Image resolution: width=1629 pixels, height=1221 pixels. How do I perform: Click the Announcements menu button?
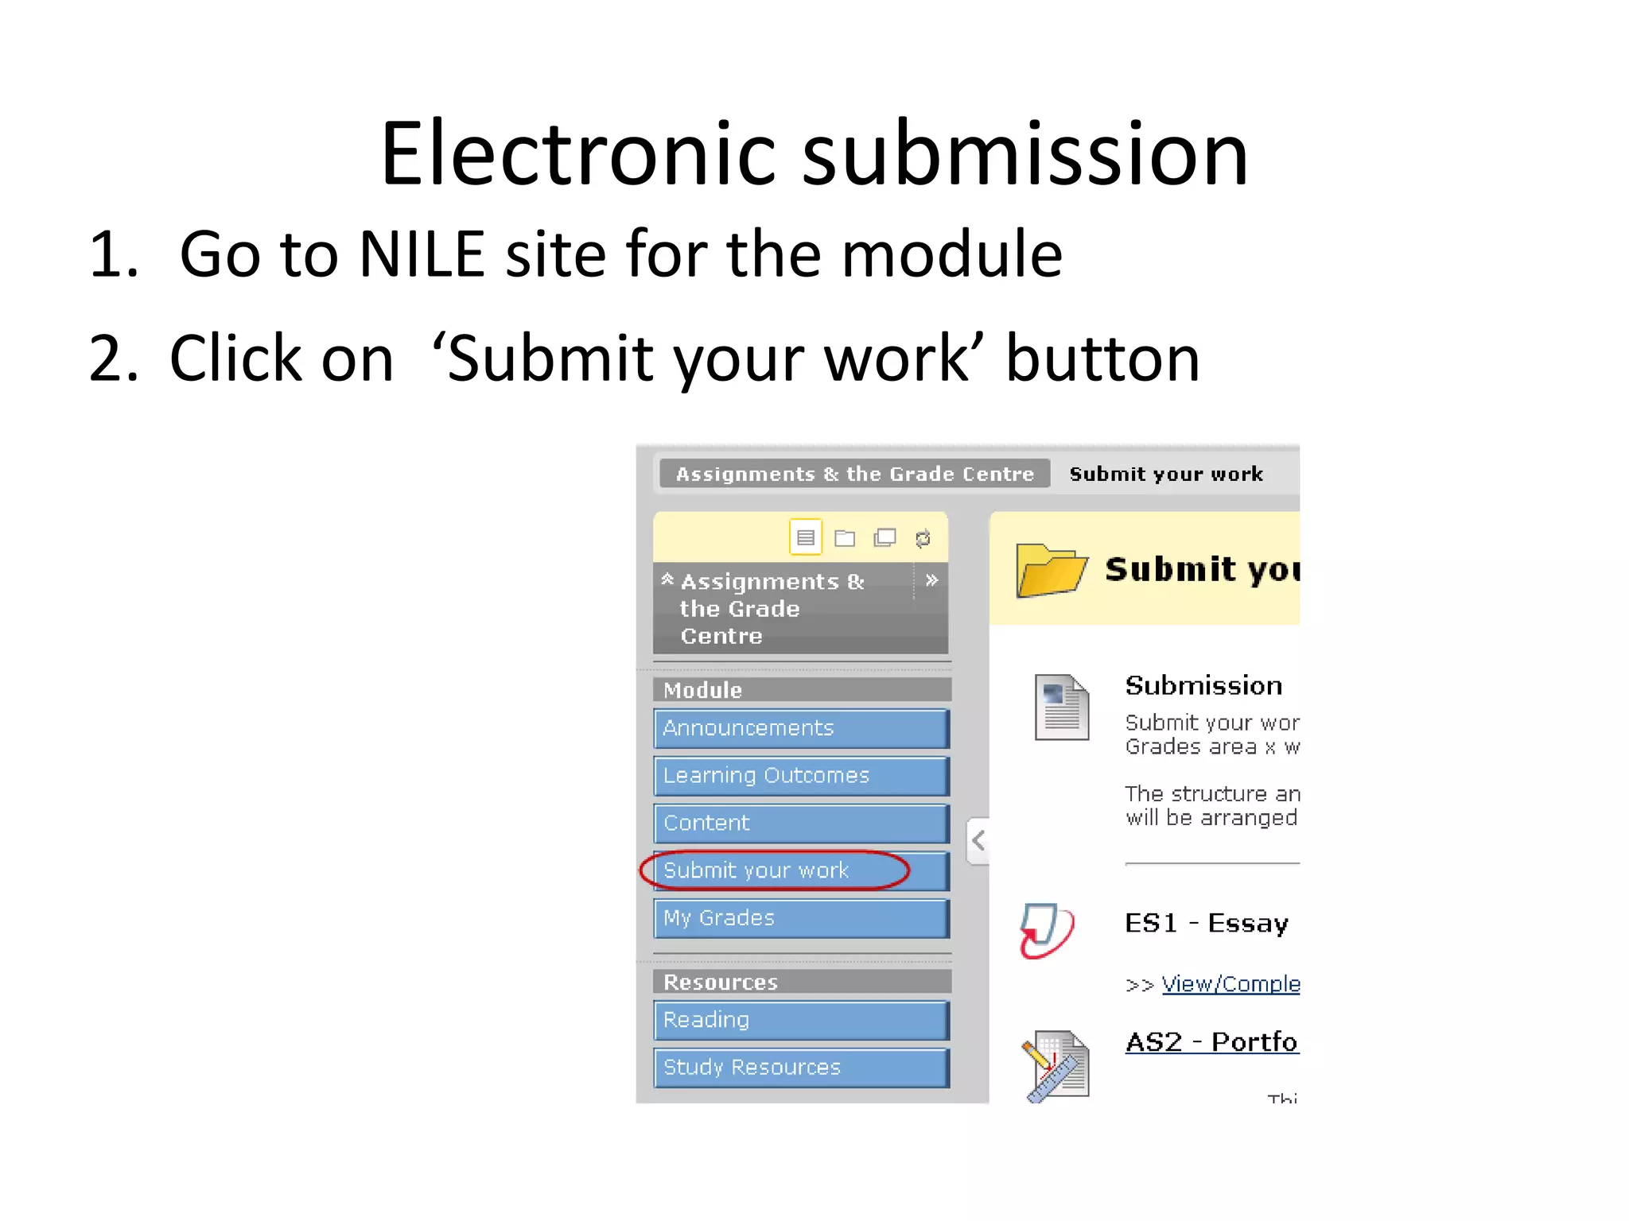(800, 728)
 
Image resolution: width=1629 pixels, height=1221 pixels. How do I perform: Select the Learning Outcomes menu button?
(800, 776)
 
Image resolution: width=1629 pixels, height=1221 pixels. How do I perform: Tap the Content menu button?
(800, 823)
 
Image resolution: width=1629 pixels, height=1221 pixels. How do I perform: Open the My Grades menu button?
(800, 918)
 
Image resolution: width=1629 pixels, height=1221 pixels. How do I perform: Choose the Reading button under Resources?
(800, 1020)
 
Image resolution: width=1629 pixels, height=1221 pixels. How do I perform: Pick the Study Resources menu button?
(800, 1068)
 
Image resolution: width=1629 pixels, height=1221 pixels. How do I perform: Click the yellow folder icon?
(1051, 570)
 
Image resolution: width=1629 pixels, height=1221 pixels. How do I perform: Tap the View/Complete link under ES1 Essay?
(1230, 984)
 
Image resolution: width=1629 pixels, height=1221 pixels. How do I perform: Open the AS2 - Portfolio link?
(1211, 1042)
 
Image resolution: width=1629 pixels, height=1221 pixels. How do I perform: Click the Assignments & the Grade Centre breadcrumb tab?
(854, 475)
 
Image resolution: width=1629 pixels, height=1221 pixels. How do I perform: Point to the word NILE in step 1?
(422, 254)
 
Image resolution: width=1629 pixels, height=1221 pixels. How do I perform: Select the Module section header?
(800, 690)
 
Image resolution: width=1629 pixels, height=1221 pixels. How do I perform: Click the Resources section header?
(800, 982)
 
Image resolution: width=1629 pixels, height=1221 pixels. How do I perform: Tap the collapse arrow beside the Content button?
(978, 840)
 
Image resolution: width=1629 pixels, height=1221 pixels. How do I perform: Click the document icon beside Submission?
(1061, 707)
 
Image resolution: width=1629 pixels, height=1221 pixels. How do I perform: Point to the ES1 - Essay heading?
(1206, 924)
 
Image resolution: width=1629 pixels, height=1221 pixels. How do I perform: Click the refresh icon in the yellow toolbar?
(923, 539)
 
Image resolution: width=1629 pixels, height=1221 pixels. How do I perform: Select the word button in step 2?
(1102, 359)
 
